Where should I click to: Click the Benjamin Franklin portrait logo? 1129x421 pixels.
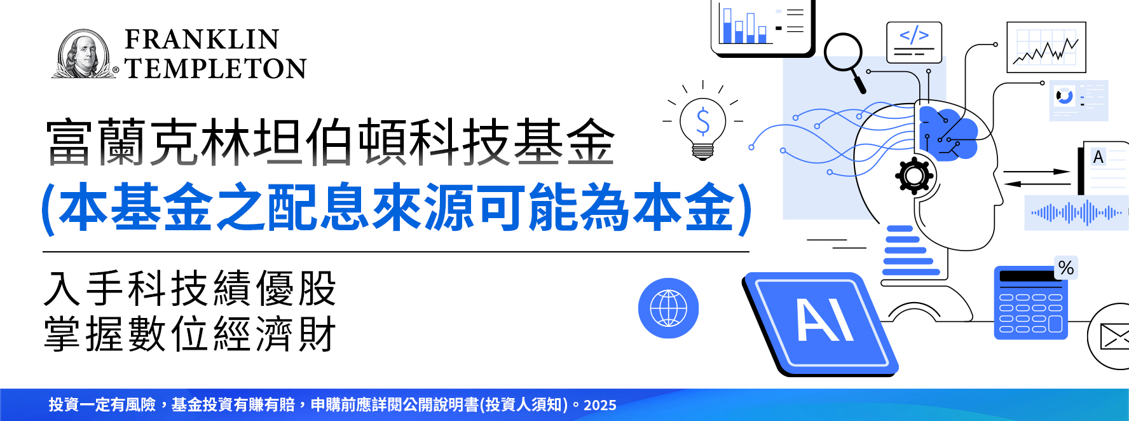[84, 54]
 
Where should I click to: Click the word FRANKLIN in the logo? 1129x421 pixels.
[202, 39]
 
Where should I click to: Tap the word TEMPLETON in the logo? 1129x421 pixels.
[216, 69]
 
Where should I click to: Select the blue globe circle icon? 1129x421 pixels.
[668, 308]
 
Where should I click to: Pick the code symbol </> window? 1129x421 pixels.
[914, 42]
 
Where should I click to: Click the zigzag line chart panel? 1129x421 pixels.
[1046, 47]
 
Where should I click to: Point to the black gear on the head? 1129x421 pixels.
[914, 175]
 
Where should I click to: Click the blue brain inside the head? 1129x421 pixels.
[948, 133]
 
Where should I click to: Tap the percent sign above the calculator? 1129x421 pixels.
[1066, 268]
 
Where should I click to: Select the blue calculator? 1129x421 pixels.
[1031, 303]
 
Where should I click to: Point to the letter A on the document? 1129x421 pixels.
[1098, 157]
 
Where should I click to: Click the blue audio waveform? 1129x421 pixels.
[1076, 213]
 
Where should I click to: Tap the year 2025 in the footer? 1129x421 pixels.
[600, 405]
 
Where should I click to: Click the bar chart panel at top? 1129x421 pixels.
[763, 27]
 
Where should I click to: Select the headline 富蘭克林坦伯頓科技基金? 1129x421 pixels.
[331, 142]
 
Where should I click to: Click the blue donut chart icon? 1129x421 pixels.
[1064, 97]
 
